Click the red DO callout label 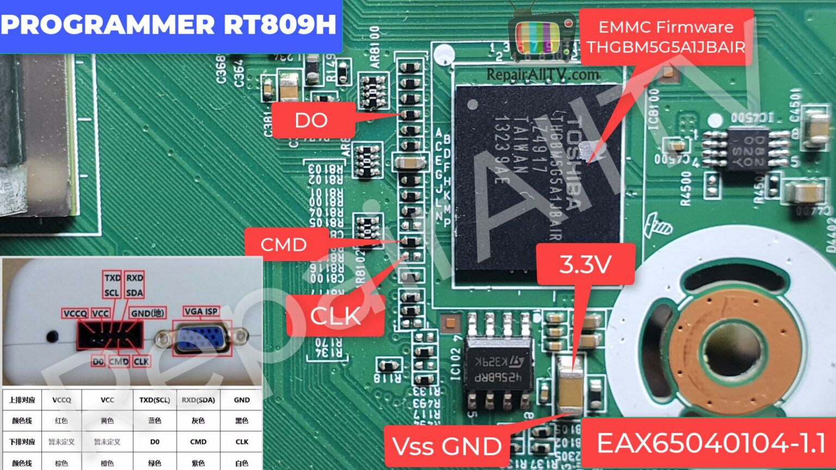coord(311,120)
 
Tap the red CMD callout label coord(284,244)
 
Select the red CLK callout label coord(335,316)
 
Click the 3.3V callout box coord(586,264)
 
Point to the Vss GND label coord(446,446)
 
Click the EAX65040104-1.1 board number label coord(710,443)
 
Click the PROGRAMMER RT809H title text coord(169,24)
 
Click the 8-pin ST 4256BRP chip coord(498,362)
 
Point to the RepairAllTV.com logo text coord(542,75)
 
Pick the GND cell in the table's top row coord(242,400)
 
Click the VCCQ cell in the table coord(62,400)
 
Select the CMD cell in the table coord(198,442)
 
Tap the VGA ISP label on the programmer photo coord(201,312)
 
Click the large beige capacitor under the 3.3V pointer coord(570,389)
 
